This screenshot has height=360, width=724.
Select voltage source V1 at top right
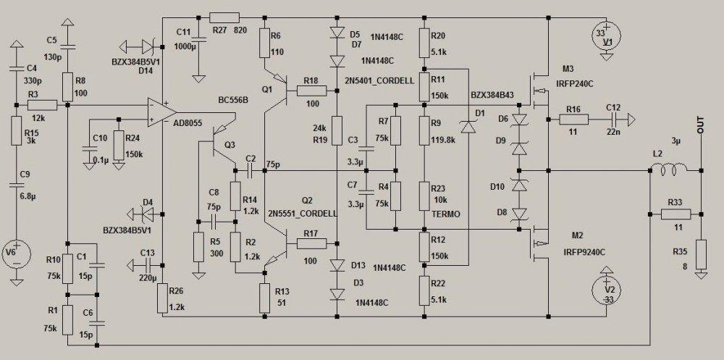coord(607,36)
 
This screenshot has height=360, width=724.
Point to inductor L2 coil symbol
coord(671,171)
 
